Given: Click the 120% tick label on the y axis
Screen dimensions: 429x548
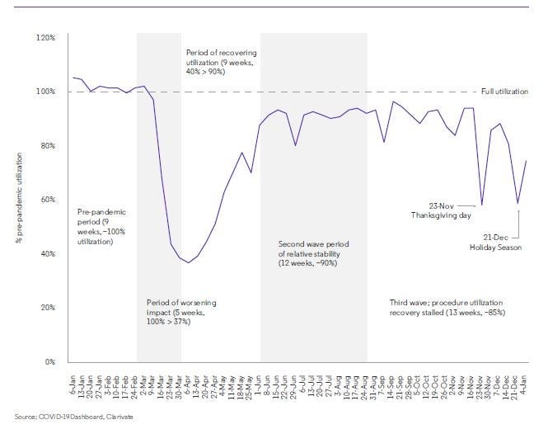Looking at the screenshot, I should [44, 38].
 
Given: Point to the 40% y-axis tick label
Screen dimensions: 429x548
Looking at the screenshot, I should [46, 254].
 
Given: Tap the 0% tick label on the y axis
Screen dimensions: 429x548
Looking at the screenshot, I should [49, 361].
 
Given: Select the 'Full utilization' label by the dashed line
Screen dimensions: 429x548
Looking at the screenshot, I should [505, 91].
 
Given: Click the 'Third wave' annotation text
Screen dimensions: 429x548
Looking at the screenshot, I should [448, 308].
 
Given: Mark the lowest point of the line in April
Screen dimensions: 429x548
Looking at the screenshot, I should [189, 262].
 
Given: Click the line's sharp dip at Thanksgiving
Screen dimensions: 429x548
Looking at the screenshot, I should [481, 205].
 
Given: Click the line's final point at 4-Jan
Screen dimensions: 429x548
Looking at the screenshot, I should [526, 161].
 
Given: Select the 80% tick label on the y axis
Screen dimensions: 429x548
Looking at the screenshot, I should [46, 146].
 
